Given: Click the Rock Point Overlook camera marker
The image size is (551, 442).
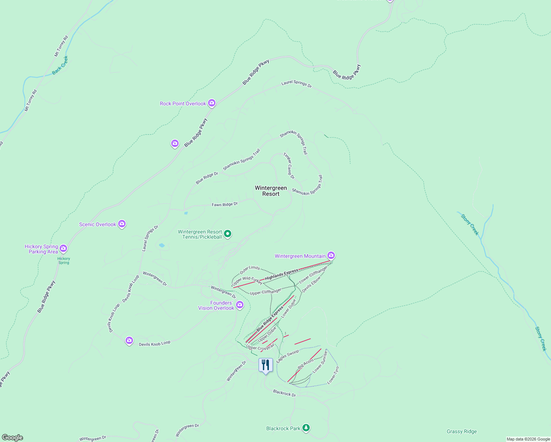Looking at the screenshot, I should coord(211,103).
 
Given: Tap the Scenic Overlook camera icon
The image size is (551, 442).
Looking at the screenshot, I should coord(122,224).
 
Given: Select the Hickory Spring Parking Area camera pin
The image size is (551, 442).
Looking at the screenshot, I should coord(63,249).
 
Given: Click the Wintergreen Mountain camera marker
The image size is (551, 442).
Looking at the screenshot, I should coord(331,255).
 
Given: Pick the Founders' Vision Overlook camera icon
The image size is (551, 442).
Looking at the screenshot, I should coord(240,305).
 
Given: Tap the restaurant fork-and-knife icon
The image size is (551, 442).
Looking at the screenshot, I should coord(266,365).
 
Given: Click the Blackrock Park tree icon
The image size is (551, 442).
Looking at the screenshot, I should coord(306,428).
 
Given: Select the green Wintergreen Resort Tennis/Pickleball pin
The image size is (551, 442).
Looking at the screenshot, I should coord(228,234).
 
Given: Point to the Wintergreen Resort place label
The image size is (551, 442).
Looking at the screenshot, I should coord(271,191).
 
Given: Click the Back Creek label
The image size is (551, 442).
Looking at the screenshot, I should coord(60,66).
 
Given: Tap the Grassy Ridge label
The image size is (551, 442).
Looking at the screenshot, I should coord(461,432).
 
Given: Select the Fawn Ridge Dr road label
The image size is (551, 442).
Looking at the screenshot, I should coord(225,204).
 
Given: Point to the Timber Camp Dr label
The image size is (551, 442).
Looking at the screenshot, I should coord(289,166).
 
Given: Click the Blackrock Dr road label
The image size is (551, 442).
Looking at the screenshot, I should coord(284,393).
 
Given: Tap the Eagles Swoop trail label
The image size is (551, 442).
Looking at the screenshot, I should coord(288,356).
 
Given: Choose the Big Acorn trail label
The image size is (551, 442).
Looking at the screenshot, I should coord(306,364).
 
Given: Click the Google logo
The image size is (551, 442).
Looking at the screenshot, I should coord(12,438).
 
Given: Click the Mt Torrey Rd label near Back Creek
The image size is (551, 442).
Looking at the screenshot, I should coord(62,46).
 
